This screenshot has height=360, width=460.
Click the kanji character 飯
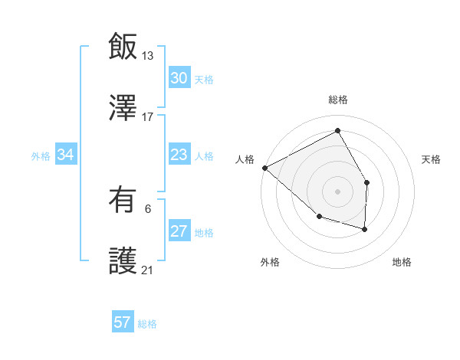pyautogui.click(x=123, y=46)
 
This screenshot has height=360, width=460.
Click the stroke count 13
pyautogui.click(x=148, y=56)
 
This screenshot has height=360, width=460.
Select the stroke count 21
pyautogui.click(x=148, y=270)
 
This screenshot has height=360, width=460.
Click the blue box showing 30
pyautogui.click(x=179, y=78)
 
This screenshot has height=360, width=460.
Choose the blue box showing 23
pyautogui.click(x=179, y=155)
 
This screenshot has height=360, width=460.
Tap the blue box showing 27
pyautogui.click(x=179, y=232)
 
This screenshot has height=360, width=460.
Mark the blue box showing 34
pyautogui.click(x=65, y=155)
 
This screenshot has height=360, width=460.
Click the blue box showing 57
pyautogui.click(x=123, y=322)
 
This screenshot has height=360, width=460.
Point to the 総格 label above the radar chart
pyautogui.click(x=338, y=100)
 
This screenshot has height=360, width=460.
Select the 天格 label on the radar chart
pyautogui.click(x=432, y=159)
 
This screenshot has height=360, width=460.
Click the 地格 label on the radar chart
pyautogui.click(x=402, y=262)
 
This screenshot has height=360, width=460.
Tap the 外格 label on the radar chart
pyautogui.click(x=270, y=262)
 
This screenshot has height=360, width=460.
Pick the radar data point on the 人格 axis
pyautogui.click(x=264, y=168)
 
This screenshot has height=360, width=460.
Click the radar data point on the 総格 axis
pyautogui.click(x=338, y=131)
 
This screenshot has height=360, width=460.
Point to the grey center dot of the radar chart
pyautogui.click(x=337, y=191)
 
